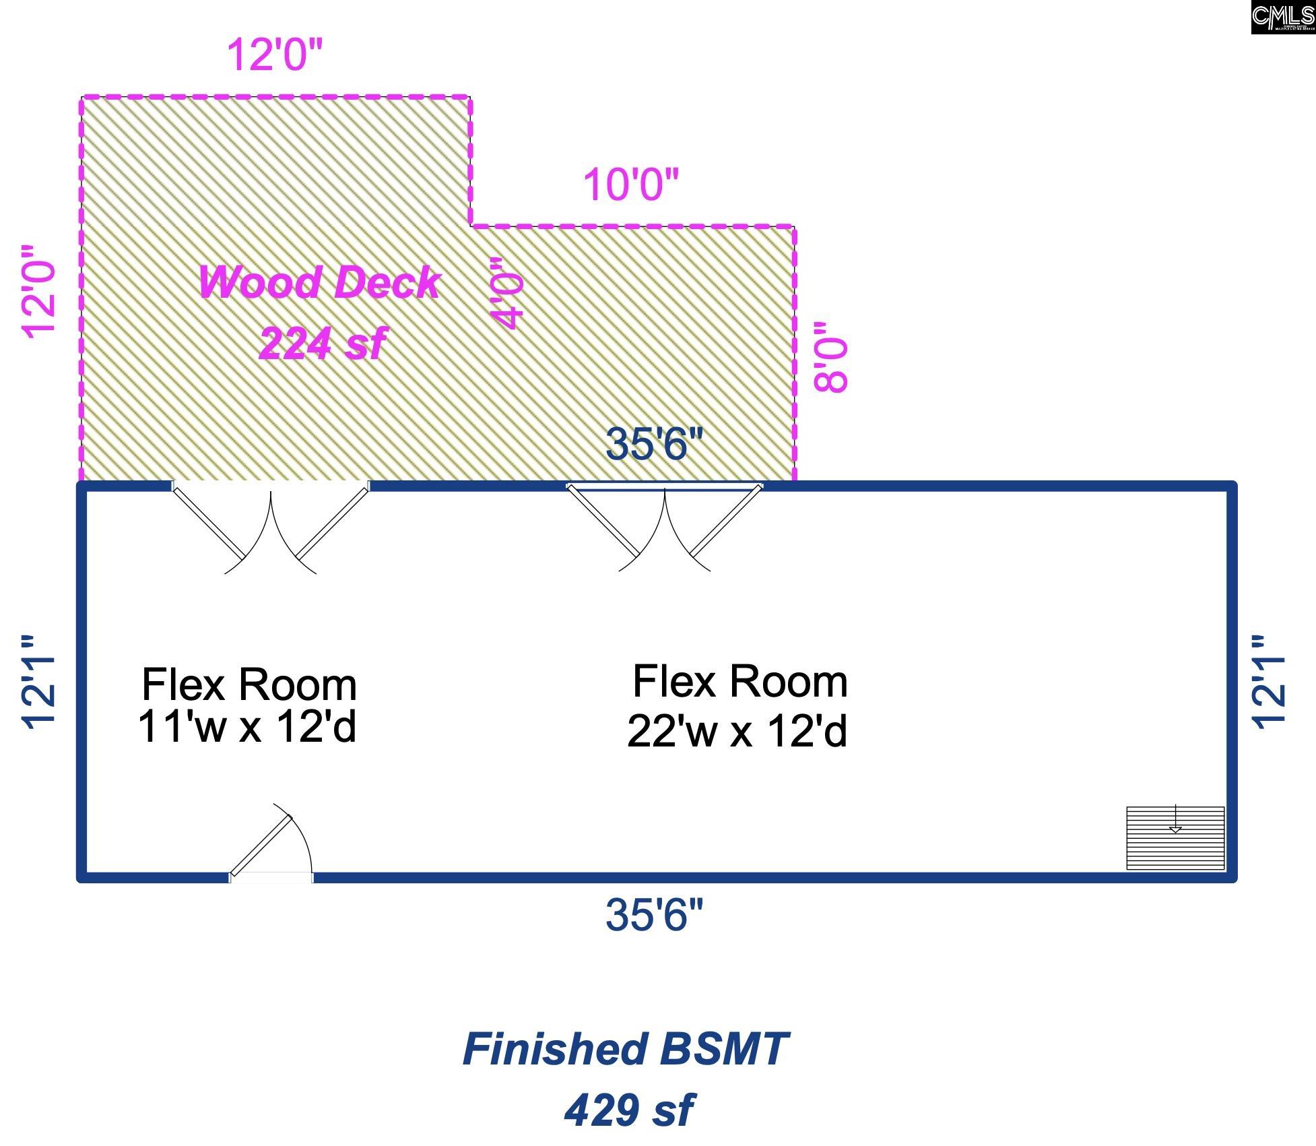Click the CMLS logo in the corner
click(1282, 17)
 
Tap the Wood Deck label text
click(319, 282)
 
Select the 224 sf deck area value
click(322, 343)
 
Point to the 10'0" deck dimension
click(630, 185)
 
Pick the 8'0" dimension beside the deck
click(830, 356)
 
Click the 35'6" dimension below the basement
click(653, 914)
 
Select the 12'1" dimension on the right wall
click(1269, 682)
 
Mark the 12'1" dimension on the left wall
click(39, 682)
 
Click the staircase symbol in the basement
click(1175, 837)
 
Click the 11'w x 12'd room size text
click(247, 727)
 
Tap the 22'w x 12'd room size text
click(737, 731)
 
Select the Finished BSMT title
click(625, 1049)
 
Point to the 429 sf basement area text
click(628, 1109)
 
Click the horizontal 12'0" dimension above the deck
click(275, 55)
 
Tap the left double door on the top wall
click(271, 526)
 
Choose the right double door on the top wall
click(665, 526)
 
